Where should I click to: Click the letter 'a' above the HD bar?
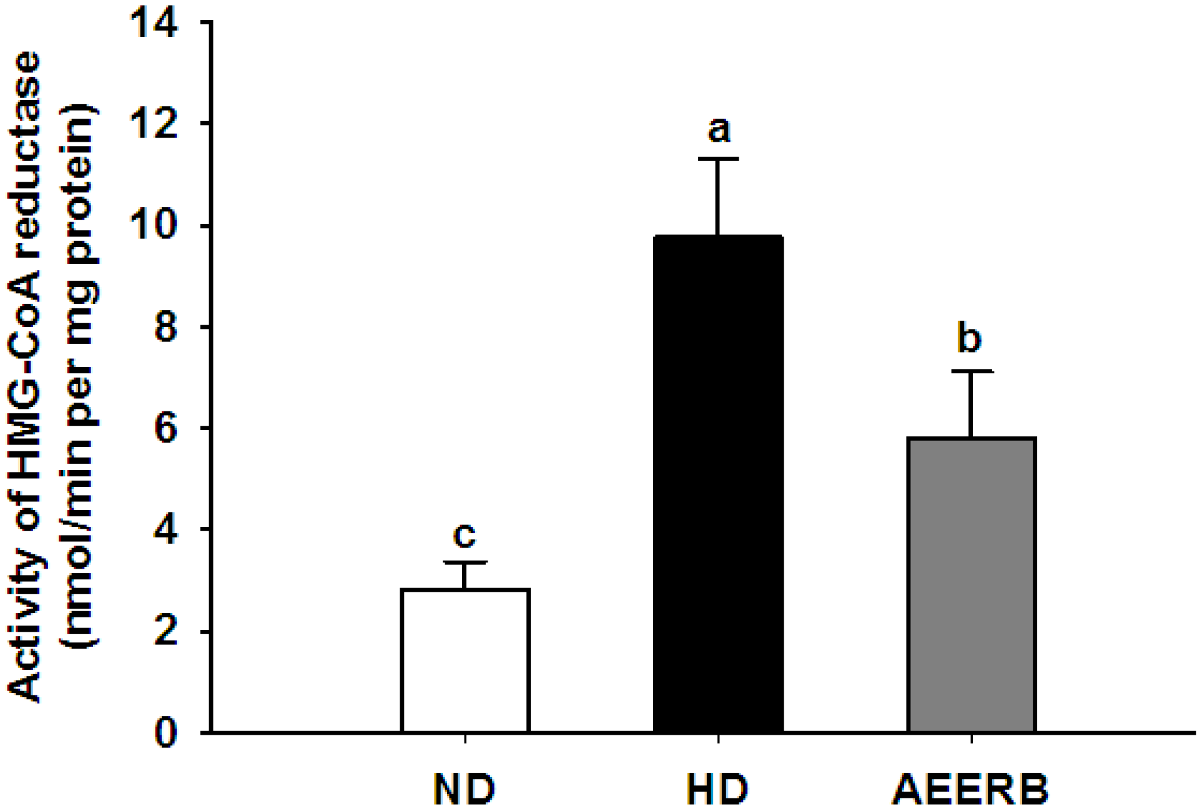pyautogui.click(x=719, y=130)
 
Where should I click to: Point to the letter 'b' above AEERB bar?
pyautogui.click(x=969, y=339)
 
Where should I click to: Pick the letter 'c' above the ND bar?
pyautogui.click(x=465, y=535)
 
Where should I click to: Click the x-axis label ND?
pyautogui.click(x=464, y=790)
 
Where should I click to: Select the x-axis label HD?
pyautogui.click(x=717, y=790)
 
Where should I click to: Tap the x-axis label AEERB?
pyautogui.click(x=970, y=790)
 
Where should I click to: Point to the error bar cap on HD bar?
pyautogui.click(x=718, y=159)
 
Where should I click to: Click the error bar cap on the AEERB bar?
pyautogui.click(x=971, y=371)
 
